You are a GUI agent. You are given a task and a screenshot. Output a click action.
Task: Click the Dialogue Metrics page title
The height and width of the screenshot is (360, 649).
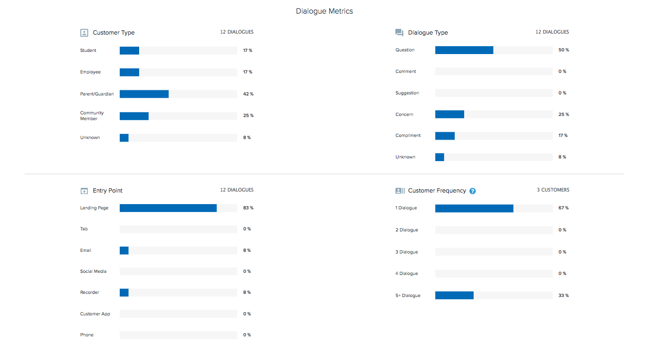click(x=324, y=11)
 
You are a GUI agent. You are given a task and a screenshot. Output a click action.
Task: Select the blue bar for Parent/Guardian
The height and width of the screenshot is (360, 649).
click(x=144, y=94)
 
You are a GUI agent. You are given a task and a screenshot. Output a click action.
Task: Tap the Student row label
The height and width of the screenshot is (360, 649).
click(x=88, y=50)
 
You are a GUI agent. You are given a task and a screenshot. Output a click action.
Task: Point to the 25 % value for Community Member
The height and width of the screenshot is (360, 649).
click(x=248, y=115)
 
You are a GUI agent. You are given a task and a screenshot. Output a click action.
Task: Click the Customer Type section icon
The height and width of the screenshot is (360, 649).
click(x=84, y=33)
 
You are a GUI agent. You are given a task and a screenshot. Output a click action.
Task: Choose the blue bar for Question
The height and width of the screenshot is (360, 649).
click(x=464, y=50)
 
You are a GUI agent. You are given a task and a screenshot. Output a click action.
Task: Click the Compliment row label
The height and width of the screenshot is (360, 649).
click(x=408, y=135)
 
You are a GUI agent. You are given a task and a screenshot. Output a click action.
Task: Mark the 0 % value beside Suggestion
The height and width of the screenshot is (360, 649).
click(x=562, y=93)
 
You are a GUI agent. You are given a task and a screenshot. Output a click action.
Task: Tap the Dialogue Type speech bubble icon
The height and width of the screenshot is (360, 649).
click(x=399, y=33)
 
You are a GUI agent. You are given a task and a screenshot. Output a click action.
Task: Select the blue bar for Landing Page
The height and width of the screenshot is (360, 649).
click(x=168, y=208)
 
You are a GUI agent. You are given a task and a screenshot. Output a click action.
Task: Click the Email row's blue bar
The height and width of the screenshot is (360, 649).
click(x=124, y=250)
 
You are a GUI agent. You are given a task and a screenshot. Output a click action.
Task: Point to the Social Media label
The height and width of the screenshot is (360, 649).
click(x=93, y=271)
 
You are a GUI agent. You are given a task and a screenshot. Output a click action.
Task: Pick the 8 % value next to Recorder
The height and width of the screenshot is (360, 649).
click(x=247, y=292)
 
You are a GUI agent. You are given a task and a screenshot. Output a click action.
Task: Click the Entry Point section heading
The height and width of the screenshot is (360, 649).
click(x=108, y=190)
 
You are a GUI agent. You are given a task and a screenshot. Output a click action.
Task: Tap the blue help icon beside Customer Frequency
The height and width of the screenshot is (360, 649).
click(x=473, y=191)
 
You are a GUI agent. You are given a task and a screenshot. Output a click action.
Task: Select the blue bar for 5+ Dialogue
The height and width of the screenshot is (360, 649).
click(x=454, y=295)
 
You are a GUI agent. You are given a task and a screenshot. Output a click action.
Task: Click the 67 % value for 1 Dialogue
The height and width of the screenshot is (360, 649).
click(x=563, y=208)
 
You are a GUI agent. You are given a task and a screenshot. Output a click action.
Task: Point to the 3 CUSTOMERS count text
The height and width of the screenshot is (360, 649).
click(x=552, y=190)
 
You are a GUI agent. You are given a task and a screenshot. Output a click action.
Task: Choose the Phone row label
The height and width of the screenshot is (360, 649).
click(x=87, y=335)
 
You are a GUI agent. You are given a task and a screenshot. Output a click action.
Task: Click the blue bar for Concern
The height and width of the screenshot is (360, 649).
click(x=449, y=114)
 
